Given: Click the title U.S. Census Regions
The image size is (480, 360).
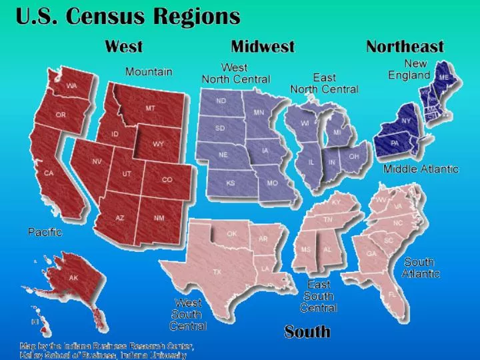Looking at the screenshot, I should click(x=128, y=15).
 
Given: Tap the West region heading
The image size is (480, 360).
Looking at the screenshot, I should click(x=123, y=47).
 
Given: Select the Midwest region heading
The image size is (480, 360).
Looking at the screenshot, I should click(x=263, y=47).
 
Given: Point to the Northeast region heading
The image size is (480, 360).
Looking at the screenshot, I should click(x=405, y=47).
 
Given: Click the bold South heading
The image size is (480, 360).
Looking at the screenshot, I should click(x=307, y=331).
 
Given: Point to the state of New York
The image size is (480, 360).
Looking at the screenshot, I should click(x=405, y=121).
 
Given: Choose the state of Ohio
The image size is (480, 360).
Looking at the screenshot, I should click(x=353, y=157).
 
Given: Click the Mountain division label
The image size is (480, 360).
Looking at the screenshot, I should click(x=149, y=71).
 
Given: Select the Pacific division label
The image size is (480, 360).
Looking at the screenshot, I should click(x=45, y=233).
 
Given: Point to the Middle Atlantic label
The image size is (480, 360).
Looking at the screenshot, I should click(x=421, y=169).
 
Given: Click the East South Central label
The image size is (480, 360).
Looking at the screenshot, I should click(x=319, y=296).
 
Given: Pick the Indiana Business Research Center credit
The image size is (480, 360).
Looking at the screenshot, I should click(x=107, y=351).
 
